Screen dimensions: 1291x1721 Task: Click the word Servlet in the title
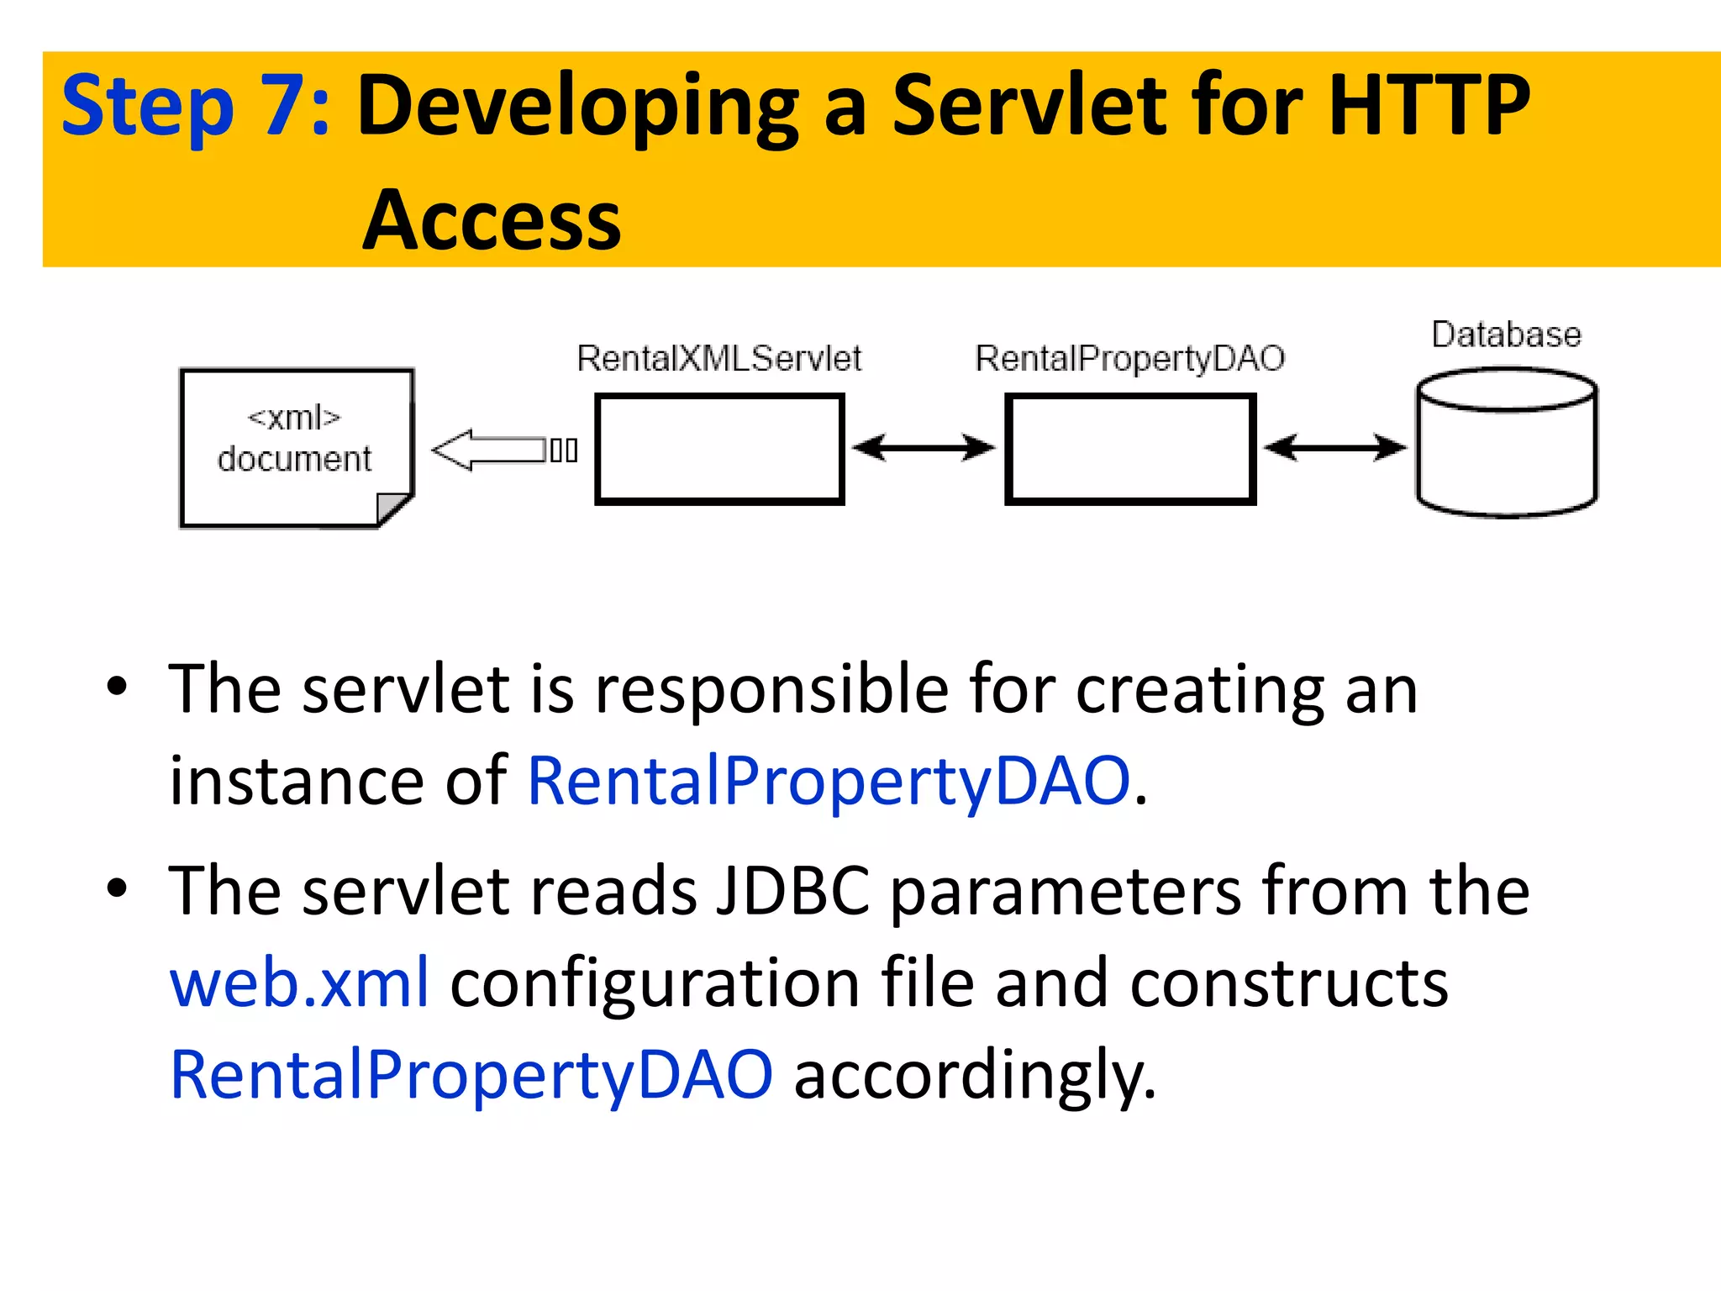1029,105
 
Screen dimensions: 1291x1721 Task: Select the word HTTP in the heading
1429,105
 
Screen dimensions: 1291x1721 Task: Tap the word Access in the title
492,220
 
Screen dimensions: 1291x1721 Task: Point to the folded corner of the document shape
392,508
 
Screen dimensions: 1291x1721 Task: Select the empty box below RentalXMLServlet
719,449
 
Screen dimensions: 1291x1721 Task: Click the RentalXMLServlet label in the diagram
718,359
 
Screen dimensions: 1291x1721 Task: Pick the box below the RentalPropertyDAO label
1130,449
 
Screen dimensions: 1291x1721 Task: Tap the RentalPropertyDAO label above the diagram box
1129,359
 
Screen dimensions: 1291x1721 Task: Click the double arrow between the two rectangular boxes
924,447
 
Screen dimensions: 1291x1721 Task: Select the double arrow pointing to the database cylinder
1334,447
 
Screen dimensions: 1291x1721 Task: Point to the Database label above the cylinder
1506,335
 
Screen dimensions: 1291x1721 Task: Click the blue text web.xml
299,983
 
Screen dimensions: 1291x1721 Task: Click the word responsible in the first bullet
772,689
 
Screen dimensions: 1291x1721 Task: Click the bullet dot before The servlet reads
117,888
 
